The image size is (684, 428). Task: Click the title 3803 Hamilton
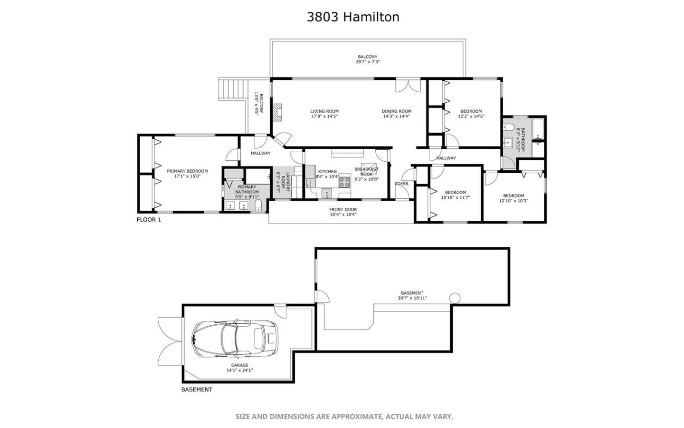(352, 17)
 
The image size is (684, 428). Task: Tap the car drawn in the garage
(235, 339)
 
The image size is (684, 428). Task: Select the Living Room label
(324, 111)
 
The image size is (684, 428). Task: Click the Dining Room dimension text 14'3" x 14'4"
(396, 116)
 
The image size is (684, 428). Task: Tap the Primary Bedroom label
(187, 171)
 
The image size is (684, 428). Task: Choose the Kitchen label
(327, 172)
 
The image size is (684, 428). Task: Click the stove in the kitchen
(344, 181)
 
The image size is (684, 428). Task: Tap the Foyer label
(401, 184)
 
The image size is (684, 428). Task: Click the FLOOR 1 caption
(149, 220)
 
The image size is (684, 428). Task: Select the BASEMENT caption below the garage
(197, 389)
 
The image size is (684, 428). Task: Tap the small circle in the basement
(455, 298)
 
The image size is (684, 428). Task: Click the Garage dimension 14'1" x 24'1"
(239, 370)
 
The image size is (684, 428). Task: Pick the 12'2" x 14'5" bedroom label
(471, 116)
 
